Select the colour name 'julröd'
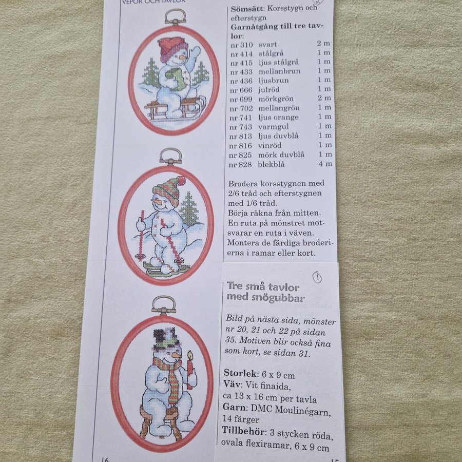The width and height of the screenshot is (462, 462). coord(269,89)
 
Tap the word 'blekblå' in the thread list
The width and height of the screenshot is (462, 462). coord(271,164)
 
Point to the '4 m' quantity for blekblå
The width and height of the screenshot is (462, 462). coord(325,164)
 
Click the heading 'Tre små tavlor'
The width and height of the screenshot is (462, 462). coord(263,286)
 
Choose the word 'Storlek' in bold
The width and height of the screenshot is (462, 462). coord(240,373)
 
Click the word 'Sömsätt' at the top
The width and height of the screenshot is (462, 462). coord(247,9)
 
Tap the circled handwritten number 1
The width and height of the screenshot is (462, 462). coord(317,278)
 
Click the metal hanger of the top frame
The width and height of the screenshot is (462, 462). coord(176,17)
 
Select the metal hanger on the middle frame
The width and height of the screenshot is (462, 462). coord(170,157)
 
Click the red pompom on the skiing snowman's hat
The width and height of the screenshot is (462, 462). coord(181,180)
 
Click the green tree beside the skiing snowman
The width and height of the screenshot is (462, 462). coord(189,209)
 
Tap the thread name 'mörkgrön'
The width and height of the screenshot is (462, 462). coord(276,99)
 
